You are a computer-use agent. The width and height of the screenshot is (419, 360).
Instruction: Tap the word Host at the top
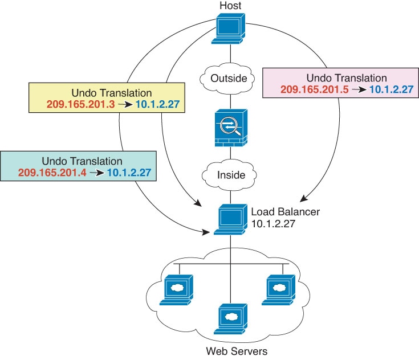tap(230, 6)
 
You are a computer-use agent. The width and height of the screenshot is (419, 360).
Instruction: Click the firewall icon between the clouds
tap(230, 127)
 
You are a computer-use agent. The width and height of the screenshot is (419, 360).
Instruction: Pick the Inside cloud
tap(230, 175)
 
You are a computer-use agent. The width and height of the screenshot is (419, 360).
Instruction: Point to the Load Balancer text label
tap(286, 212)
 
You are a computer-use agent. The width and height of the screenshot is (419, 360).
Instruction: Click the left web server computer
tap(177, 289)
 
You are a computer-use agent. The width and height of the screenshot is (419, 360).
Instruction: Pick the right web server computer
tap(283, 289)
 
